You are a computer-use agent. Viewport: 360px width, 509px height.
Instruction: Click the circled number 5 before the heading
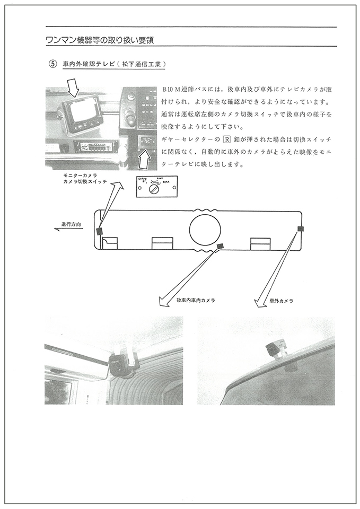tap(52, 64)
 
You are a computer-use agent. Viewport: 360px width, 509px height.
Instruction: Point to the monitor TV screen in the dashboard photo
tap(81, 111)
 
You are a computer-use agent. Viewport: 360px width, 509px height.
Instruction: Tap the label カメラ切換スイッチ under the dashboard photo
tap(85, 181)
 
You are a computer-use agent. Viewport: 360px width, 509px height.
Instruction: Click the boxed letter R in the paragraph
tap(226, 139)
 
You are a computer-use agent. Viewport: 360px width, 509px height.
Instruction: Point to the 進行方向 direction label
tap(71, 225)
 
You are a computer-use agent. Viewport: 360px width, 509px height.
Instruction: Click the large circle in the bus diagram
tap(205, 230)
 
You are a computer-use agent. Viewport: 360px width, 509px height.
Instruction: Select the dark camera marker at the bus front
tap(99, 231)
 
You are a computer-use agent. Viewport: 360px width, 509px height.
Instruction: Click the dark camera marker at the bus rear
tap(300, 229)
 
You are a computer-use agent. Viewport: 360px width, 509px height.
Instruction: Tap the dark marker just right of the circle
tap(220, 246)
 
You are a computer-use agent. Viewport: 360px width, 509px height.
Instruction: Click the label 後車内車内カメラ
tap(196, 300)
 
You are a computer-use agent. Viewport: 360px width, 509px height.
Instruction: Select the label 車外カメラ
tap(282, 301)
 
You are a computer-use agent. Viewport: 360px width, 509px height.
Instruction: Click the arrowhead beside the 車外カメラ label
tap(259, 303)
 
